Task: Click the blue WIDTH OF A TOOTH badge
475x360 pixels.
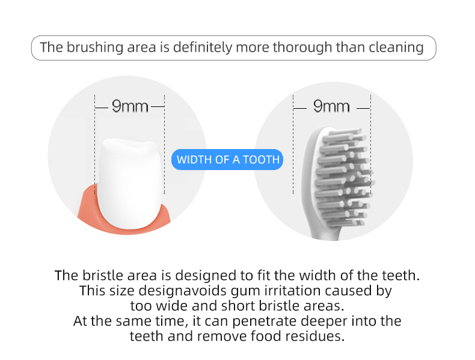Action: pos(228,160)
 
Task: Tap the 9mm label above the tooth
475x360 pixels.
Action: pos(130,106)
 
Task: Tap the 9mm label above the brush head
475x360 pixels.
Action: pos(331,106)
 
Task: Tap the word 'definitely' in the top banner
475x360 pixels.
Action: pos(202,47)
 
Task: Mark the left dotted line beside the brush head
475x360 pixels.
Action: pos(293,144)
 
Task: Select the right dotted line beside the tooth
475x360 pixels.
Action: pos(164,144)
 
